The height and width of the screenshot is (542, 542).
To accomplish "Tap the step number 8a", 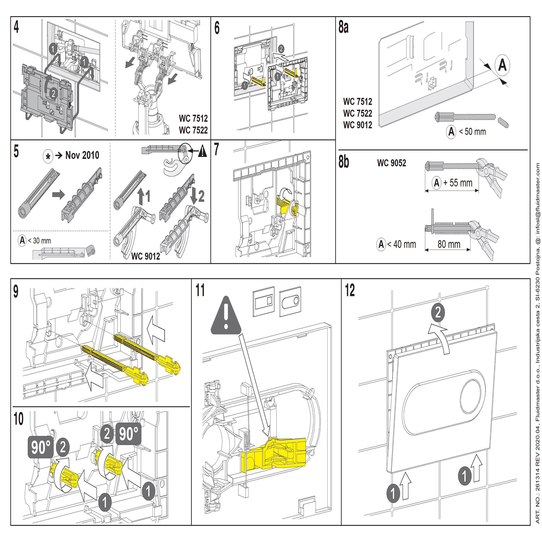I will click(x=343, y=28).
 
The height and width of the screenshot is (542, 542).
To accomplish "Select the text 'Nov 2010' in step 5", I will click(x=82, y=155).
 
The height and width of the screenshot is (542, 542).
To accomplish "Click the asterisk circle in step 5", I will click(x=48, y=156).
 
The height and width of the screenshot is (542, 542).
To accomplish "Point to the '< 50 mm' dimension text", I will click(x=472, y=132).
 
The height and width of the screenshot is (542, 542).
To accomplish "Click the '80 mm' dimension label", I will click(x=449, y=244).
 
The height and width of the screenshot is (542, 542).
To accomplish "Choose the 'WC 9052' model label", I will click(x=391, y=163).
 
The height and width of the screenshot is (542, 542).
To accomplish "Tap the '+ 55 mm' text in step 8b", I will click(x=458, y=183).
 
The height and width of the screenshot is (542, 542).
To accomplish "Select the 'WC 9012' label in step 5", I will click(x=146, y=256).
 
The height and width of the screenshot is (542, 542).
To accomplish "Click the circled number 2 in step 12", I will click(x=438, y=312).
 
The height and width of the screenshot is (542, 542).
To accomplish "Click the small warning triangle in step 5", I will click(x=202, y=152).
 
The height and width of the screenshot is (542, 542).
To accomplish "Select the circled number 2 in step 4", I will click(x=53, y=93).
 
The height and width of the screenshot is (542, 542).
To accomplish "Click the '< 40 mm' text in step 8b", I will click(x=401, y=244).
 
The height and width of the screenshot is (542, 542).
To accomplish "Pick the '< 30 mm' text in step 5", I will click(x=39, y=241).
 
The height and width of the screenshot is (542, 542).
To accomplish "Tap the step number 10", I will click(x=18, y=419).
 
